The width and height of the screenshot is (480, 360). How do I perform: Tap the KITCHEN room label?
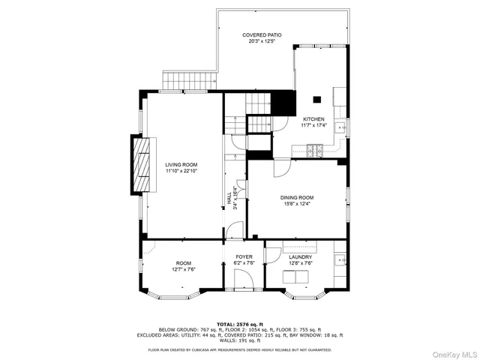pos(313,119)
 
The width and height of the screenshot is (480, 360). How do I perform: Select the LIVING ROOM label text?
pos(181,164)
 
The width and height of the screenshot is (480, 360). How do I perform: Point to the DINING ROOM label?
pos(298,197)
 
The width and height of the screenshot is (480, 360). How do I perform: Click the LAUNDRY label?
pos(300,257)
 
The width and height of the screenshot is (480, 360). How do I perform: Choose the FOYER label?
pos(244,257)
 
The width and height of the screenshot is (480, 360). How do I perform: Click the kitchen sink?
pos(341,128)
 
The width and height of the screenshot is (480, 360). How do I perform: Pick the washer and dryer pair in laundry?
pos(296,278)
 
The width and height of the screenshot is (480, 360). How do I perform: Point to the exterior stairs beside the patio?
pos(190,79)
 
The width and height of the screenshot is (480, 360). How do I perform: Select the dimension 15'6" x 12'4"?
pos(298,204)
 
